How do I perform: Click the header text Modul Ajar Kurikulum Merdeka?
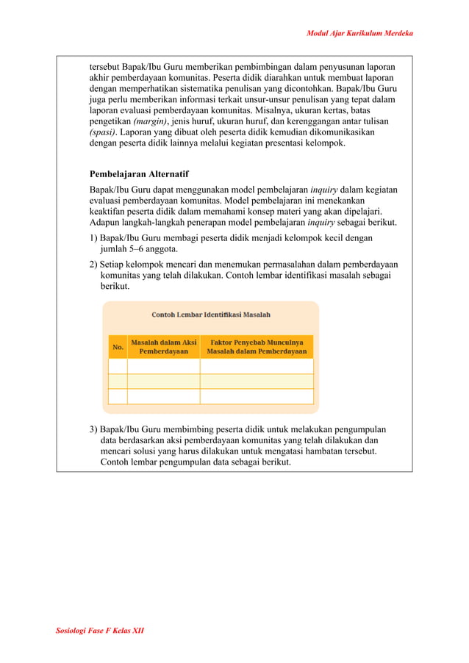[x=359, y=34]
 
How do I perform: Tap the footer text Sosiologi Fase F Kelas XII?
[x=100, y=631]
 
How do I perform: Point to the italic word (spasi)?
[x=103, y=132]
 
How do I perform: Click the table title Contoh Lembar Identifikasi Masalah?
[x=211, y=315]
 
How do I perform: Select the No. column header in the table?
[x=118, y=347]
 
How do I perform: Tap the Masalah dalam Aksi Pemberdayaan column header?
[x=163, y=347]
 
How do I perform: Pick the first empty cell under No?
[x=118, y=366]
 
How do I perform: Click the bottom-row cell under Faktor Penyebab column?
[x=257, y=396]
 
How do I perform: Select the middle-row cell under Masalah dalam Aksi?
[x=163, y=381]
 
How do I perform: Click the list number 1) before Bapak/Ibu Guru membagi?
[x=93, y=238]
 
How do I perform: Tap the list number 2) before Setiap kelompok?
[x=93, y=264]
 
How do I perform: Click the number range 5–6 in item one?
[x=139, y=249]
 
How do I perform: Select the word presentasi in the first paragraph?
[x=284, y=143]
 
